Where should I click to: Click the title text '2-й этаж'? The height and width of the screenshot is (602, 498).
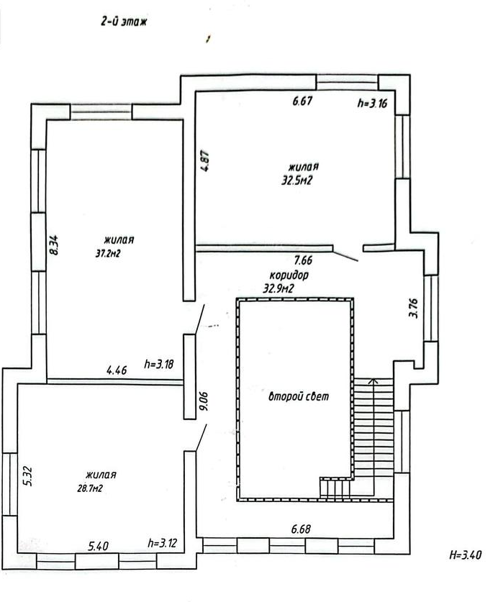click(124, 22)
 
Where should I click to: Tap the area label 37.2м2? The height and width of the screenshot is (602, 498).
click(108, 253)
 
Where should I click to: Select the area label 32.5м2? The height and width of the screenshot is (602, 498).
click(296, 181)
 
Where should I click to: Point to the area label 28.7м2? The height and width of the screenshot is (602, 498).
click(90, 489)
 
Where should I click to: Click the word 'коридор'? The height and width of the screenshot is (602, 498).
click(289, 275)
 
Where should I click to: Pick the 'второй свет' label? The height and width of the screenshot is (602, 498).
click(299, 396)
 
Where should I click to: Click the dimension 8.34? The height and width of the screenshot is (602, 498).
click(54, 245)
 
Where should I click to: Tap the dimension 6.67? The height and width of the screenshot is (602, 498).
click(302, 101)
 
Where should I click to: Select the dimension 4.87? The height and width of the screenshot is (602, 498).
click(205, 160)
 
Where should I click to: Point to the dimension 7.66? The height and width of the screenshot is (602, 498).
click(303, 260)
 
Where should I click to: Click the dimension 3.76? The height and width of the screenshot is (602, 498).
click(413, 309)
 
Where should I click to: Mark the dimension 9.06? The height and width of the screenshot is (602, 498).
click(204, 401)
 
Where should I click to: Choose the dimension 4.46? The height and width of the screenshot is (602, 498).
click(117, 370)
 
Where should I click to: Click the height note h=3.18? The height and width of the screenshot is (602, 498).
click(159, 364)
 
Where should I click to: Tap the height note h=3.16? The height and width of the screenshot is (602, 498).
click(372, 103)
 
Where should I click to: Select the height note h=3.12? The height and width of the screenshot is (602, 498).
click(163, 543)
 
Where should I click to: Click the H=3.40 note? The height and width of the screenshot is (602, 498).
click(466, 555)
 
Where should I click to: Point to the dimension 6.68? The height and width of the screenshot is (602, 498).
click(301, 529)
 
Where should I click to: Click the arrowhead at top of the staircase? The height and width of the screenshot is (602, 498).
click(373, 381)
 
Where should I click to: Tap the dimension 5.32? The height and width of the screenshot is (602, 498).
click(28, 476)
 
